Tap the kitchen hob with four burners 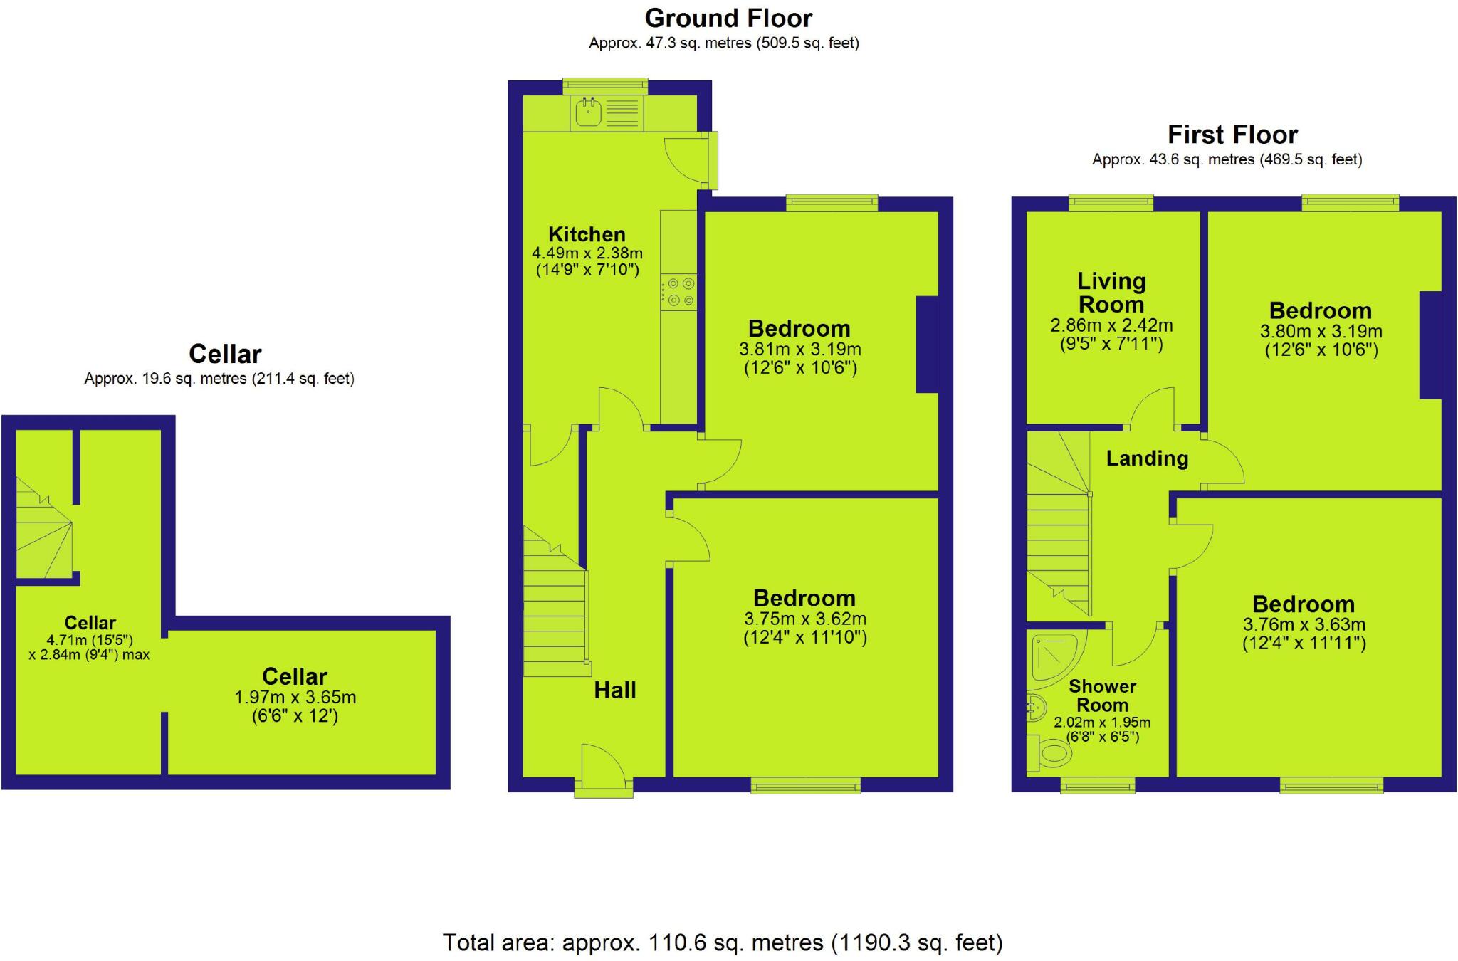678,292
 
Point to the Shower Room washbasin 1036,706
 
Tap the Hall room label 615,690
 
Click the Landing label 1147,458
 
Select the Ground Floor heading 728,18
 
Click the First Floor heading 1232,135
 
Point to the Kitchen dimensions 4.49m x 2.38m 587,253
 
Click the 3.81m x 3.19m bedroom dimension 800,350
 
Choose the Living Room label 1111,293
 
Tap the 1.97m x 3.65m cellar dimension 295,697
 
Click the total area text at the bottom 723,942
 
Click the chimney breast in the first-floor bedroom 1430,345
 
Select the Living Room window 1111,204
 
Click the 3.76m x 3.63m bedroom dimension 1304,624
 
